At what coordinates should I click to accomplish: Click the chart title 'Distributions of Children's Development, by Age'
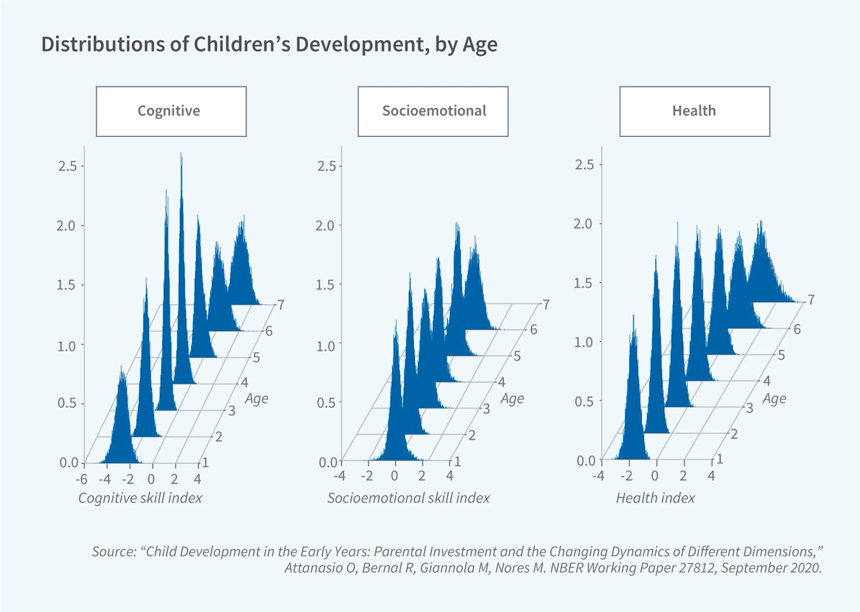[x=269, y=44]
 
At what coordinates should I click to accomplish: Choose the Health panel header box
[x=694, y=111]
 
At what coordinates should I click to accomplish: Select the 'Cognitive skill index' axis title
[x=140, y=497]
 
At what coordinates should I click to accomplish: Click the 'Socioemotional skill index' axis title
[x=408, y=497]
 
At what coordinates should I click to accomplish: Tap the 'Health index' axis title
[x=655, y=497]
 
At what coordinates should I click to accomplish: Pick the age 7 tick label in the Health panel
[x=811, y=300]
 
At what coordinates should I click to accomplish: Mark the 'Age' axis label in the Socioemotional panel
[x=512, y=399]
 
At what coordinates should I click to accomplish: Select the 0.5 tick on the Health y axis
[x=586, y=401]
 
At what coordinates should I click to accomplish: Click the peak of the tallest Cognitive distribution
[x=181, y=155]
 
